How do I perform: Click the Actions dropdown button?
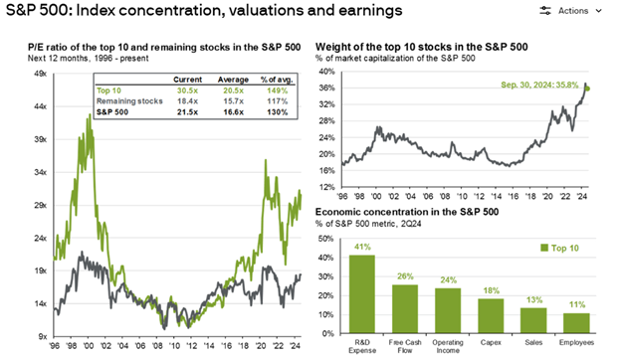click(570, 11)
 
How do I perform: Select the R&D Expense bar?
click(362, 294)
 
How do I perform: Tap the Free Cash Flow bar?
click(405, 309)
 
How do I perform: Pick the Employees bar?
click(576, 323)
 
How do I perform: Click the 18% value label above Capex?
click(491, 290)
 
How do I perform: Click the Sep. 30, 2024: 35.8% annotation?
click(539, 86)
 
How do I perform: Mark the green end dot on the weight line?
click(587, 89)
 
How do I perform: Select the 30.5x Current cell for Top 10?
click(187, 90)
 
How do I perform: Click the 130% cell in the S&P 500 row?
click(278, 112)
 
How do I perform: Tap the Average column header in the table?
click(233, 80)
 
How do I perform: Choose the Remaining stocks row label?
click(129, 101)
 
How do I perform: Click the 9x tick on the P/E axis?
click(43, 337)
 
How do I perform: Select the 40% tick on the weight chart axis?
click(327, 72)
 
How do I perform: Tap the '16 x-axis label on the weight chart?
click(514, 196)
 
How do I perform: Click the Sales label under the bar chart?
click(533, 342)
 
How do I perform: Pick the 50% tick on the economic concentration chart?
click(325, 239)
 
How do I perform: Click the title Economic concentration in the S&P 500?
click(407, 212)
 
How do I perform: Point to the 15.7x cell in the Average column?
click(233, 101)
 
